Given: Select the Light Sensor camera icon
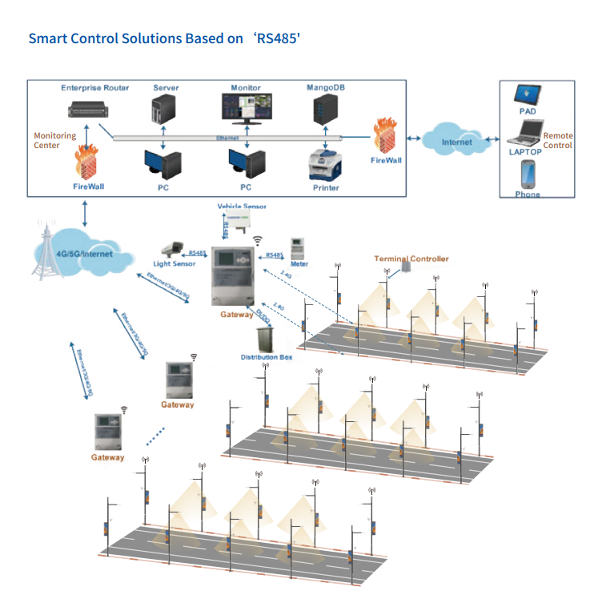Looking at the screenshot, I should [x=172, y=248].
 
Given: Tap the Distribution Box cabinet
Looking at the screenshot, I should [x=265, y=337].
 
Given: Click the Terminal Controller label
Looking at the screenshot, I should [x=411, y=259].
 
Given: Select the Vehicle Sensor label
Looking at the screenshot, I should [x=241, y=207].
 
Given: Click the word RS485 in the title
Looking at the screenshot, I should [x=276, y=38].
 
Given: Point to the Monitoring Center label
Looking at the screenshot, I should [x=54, y=140].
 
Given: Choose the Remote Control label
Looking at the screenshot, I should [x=558, y=140].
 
